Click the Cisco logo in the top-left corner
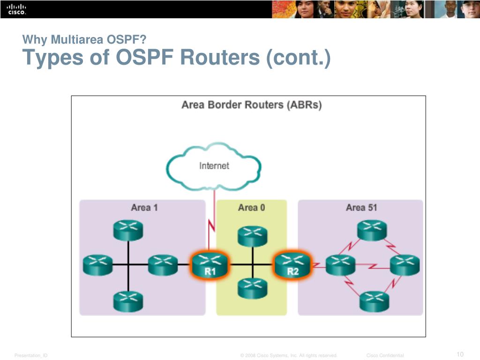coord(16,9)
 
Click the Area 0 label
coord(251,207)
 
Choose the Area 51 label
coord(361,207)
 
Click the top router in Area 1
coord(128,230)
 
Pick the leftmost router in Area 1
coord(97,265)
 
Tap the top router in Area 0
coord(252,235)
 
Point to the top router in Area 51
coord(372,230)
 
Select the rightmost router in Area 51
coord(405,265)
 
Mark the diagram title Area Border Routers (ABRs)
coord(251,105)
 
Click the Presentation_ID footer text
coord(31,356)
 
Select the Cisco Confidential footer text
coord(385,356)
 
